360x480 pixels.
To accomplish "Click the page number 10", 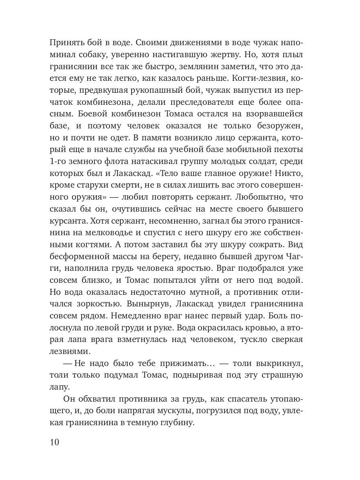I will (x=54, y=442).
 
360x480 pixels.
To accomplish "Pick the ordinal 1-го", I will (x=59, y=163).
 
